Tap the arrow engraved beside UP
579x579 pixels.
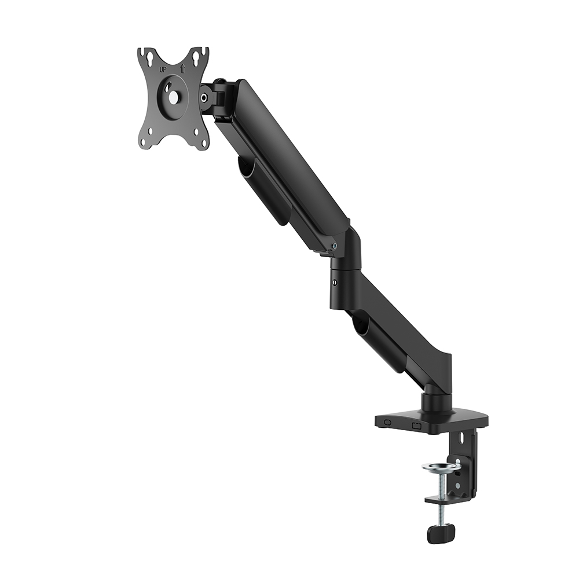(182, 68)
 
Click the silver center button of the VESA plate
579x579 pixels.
(172, 98)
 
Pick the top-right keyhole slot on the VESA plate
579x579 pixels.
(199, 57)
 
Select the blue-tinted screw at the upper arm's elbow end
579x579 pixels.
(335, 245)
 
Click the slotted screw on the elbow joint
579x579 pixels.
(334, 283)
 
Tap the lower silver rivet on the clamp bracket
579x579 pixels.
(457, 486)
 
